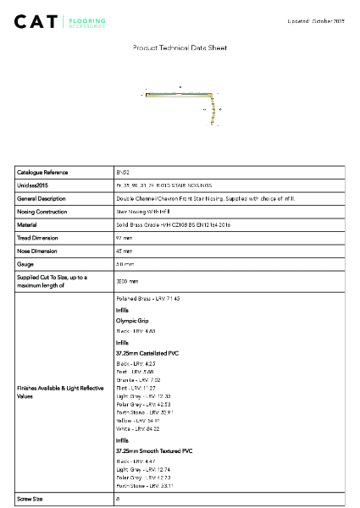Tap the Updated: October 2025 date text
pos(316,20)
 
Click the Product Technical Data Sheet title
pos(180,48)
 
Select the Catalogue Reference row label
pos(42,172)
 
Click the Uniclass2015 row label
pos(33,185)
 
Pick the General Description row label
pos(42,198)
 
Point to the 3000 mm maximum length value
pos(127,281)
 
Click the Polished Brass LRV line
pos(148,299)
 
